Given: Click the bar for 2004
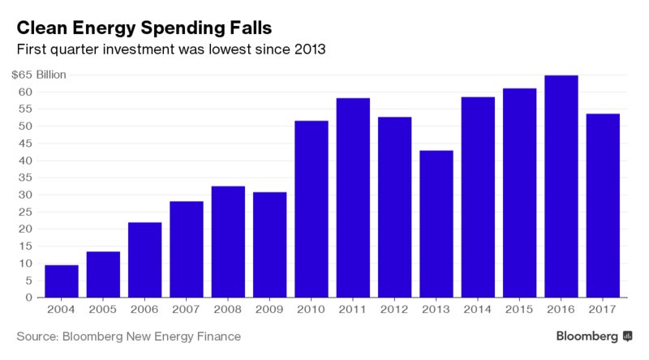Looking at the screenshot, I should (x=62, y=281).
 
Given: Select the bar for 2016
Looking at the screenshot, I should (x=561, y=186).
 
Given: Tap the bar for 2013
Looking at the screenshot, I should (x=436, y=224).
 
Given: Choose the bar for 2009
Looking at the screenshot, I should (x=269, y=244).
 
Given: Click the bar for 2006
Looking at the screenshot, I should (x=144, y=259).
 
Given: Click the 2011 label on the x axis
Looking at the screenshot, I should (x=353, y=309).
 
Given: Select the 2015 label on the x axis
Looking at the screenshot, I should (x=519, y=309).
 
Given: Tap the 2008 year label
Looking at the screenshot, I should (x=228, y=309).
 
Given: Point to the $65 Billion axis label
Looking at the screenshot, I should (x=39, y=75).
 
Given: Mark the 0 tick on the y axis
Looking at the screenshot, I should (x=28, y=298).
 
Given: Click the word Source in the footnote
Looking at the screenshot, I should (x=38, y=336).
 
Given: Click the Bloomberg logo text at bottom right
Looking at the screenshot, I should (x=587, y=336).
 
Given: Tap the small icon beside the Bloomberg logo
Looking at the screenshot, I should (x=628, y=336).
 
